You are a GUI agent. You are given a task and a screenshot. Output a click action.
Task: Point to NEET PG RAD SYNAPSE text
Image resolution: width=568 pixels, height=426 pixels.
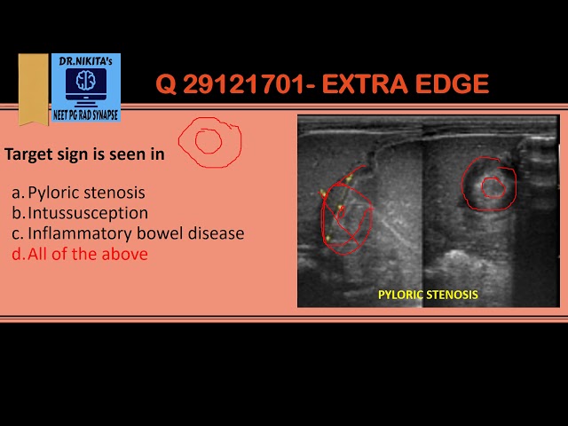coord(85,116)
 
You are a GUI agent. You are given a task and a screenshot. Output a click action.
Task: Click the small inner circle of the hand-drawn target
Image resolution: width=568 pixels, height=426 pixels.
coord(209,140)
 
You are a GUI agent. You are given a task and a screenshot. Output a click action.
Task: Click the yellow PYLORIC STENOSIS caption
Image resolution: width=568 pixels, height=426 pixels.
coord(428,295)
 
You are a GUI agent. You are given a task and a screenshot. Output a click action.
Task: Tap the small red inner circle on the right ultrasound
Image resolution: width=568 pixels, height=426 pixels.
coord(493,187)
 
